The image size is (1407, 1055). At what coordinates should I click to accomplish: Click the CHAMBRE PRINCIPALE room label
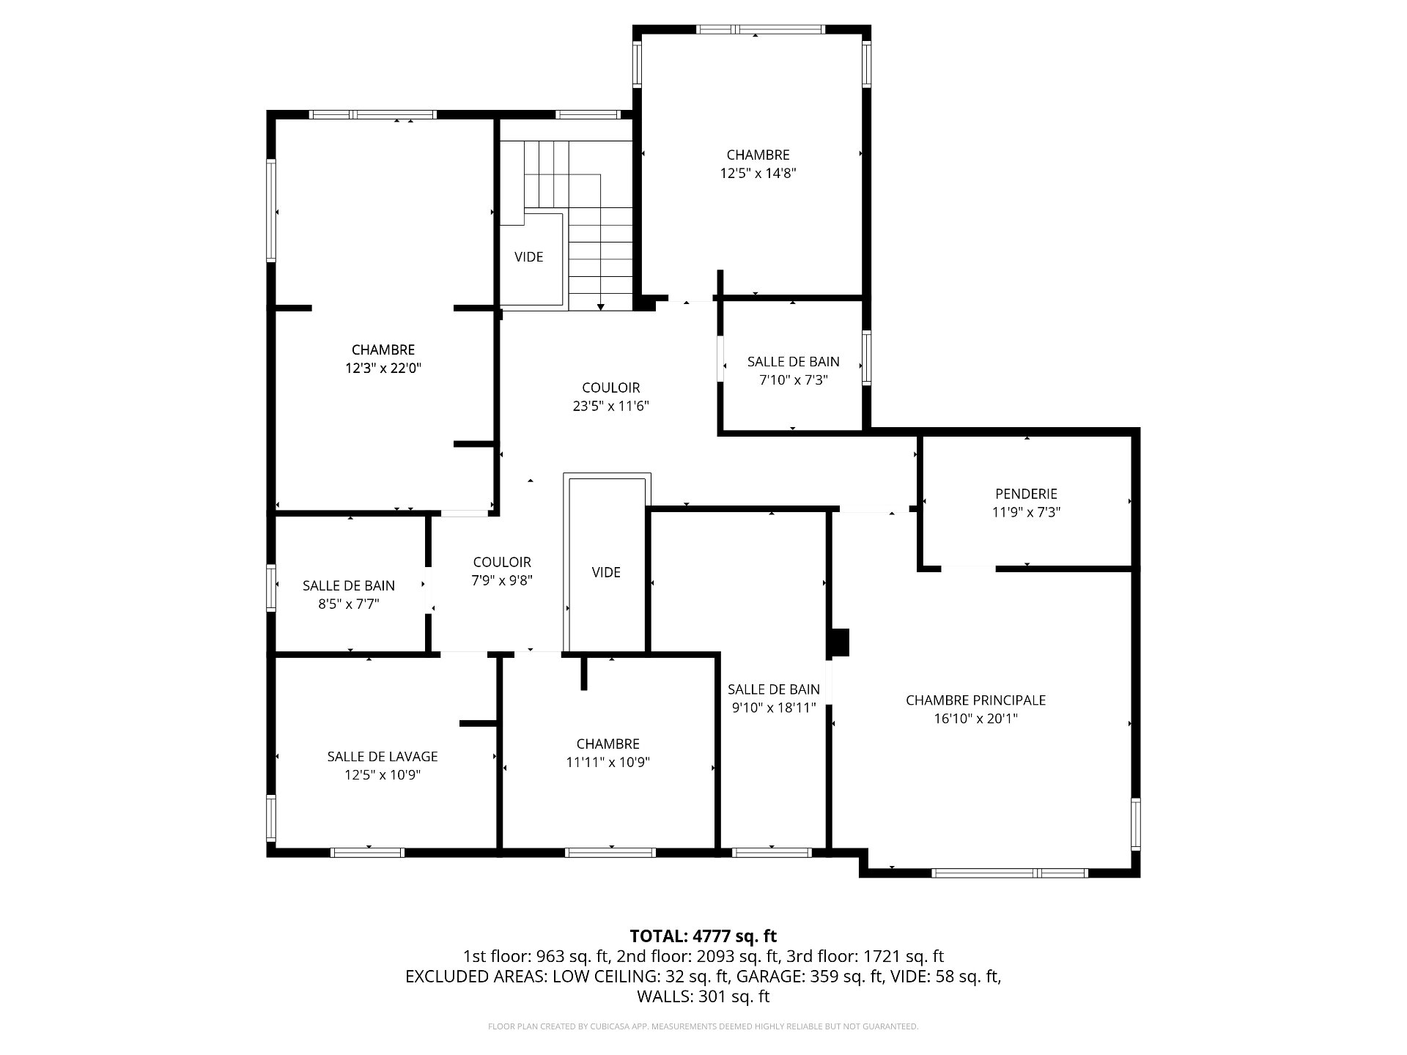(x=975, y=700)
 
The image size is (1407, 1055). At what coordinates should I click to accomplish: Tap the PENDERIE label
(x=1026, y=495)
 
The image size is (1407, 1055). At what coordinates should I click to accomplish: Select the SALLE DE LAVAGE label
(x=383, y=757)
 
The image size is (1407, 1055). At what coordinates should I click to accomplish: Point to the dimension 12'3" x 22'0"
(x=383, y=369)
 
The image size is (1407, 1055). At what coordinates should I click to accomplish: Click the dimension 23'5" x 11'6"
(x=611, y=406)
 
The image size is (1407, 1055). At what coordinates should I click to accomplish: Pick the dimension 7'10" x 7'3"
(x=794, y=380)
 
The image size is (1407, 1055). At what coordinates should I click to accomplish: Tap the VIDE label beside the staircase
(x=529, y=257)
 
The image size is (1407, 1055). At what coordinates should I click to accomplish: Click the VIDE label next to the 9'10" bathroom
(x=606, y=572)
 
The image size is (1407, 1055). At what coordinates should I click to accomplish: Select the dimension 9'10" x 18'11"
(x=774, y=708)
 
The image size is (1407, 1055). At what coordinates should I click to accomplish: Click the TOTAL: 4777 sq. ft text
(x=703, y=936)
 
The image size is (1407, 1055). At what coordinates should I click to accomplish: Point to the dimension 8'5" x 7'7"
(x=349, y=604)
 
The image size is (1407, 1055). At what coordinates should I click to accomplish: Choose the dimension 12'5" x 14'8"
(x=758, y=174)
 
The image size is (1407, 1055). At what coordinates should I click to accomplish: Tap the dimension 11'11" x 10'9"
(x=608, y=763)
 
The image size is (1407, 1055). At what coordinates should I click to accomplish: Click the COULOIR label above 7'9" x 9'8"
(x=502, y=563)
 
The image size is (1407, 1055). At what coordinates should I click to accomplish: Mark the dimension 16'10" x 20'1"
(x=976, y=719)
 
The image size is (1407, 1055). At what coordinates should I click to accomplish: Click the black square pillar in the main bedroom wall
(x=839, y=643)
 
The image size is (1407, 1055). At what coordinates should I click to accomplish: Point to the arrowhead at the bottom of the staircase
(x=601, y=307)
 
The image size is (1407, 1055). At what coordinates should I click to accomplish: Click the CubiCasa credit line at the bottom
(x=703, y=1026)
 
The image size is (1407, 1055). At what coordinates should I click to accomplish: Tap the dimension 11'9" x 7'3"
(x=1027, y=513)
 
